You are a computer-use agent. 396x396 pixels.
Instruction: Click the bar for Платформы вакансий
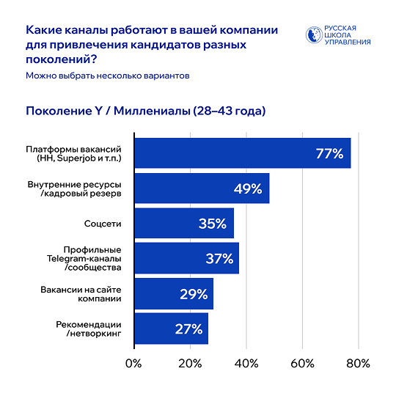pyautogui.click(x=242, y=153)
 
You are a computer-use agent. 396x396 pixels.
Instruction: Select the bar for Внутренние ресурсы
pyautogui.click(x=202, y=188)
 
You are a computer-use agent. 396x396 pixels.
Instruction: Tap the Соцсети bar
pyautogui.click(x=183, y=224)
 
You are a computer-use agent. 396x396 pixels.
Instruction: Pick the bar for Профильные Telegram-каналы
pyautogui.click(x=186, y=258)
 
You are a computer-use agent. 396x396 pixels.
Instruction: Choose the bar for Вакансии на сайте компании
pyautogui.click(x=173, y=293)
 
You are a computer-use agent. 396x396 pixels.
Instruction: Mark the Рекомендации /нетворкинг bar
pyautogui.click(x=171, y=329)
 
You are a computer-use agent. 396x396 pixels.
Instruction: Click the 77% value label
pyautogui.click(x=329, y=153)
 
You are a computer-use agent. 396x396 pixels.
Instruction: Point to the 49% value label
pyautogui.click(x=248, y=188)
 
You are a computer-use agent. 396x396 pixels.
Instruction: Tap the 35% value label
pyautogui.click(x=212, y=224)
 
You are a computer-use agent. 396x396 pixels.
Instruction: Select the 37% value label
pyautogui.click(x=218, y=258)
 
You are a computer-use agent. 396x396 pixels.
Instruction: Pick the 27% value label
pyautogui.click(x=188, y=329)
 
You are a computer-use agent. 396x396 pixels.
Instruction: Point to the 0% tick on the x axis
pyautogui.click(x=133, y=364)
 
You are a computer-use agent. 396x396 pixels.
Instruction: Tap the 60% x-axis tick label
pyautogui.click(x=303, y=364)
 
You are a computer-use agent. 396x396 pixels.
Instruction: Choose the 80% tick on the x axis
pyautogui.click(x=359, y=364)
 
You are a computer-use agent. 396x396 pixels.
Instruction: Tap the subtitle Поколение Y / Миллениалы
pyautogui.click(x=145, y=111)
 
